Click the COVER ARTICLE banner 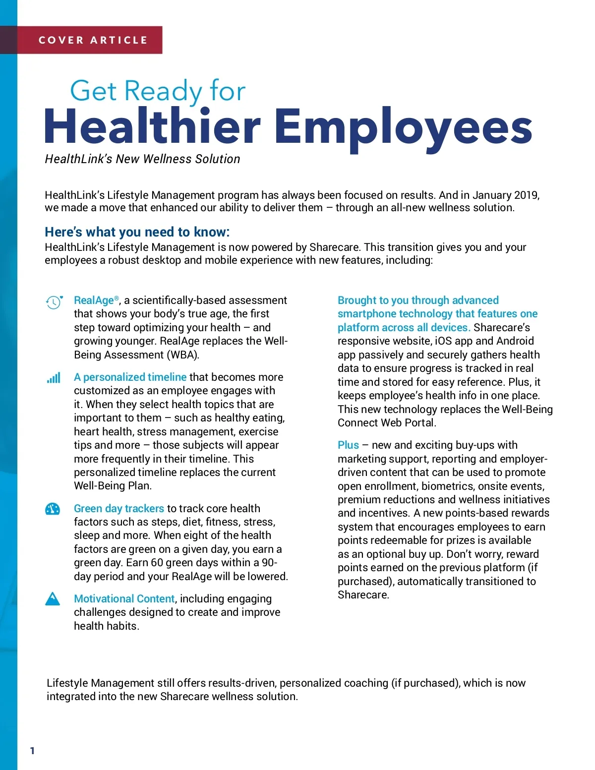click(93, 40)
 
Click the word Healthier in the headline click(152, 126)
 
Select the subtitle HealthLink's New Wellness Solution click(142, 159)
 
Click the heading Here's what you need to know click(137, 232)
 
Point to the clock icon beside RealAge click(54, 301)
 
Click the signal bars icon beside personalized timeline click(54, 378)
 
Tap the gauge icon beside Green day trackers click(53, 509)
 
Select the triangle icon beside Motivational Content click(53, 599)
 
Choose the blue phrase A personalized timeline click(130, 377)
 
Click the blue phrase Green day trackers click(119, 509)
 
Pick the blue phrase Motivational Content click(124, 599)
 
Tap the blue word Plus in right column click(348, 445)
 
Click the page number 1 click(32, 751)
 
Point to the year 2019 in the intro click(526, 195)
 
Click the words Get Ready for click(158, 91)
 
